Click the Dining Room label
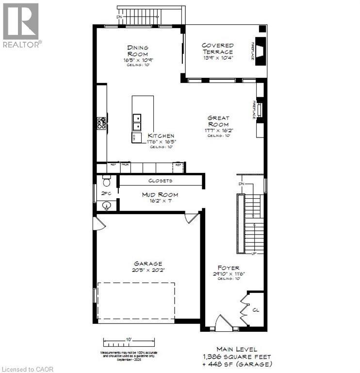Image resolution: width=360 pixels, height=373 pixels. tap(138, 51)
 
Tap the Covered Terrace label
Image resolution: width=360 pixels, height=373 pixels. tap(217, 48)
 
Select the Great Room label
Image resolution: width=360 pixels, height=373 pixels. tap(218, 121)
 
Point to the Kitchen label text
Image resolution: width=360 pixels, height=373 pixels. tap(161, 136)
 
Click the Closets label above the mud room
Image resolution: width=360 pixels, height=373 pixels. tap(160, 181)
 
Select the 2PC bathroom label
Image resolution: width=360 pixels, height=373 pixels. tap(106, 193)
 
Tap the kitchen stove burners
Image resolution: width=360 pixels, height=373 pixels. tap(102, 123)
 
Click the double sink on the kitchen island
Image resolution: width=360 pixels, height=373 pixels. tap(137, 122)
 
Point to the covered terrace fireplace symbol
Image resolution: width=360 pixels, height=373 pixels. tap(262, 51)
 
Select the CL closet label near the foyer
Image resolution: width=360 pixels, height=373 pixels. tap(257, 308)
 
